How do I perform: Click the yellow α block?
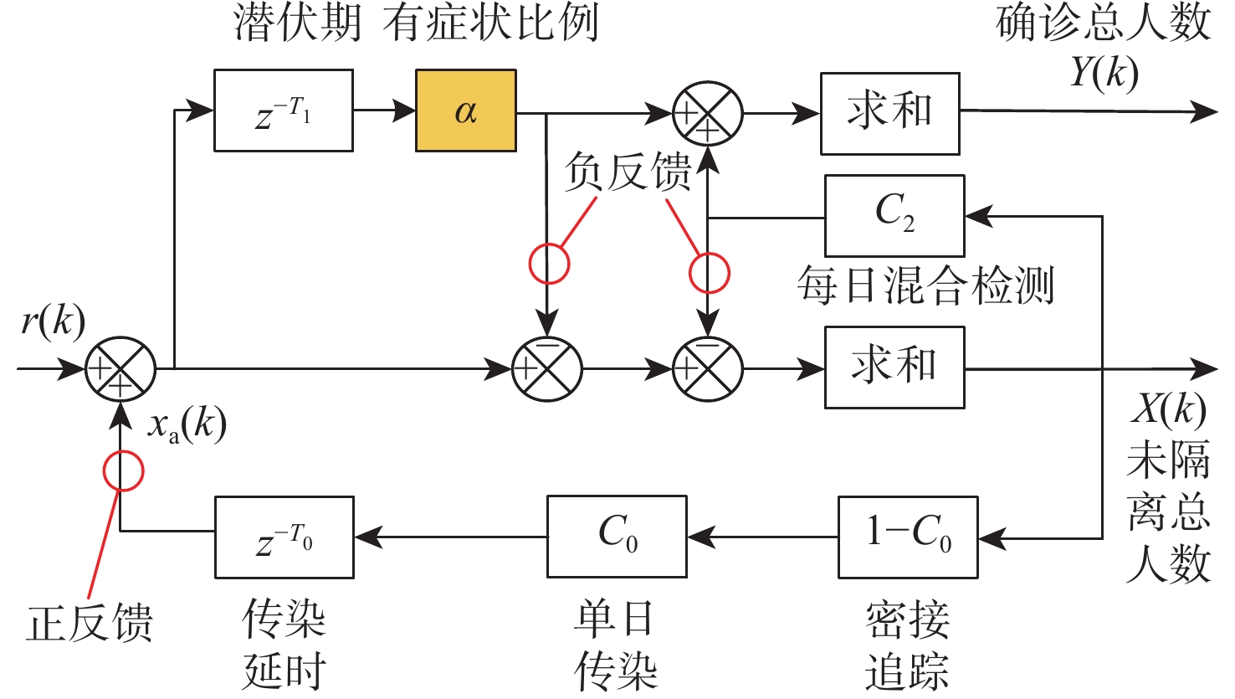point(466,111)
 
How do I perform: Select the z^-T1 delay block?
point(283,111)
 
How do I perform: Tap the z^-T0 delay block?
point(284,537)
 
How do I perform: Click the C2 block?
point(894,215)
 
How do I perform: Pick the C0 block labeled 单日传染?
point(617,537)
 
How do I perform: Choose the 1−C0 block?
point(908,537)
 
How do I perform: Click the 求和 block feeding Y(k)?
point(889,113)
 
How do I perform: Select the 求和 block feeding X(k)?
point(894,367)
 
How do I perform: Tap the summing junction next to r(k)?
point(120,368)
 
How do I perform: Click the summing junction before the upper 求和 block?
point(708,112)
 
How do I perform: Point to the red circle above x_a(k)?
point(123,470)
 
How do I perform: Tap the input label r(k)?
point(53,321)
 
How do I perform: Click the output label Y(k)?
point(1104,74)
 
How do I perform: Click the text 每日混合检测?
point(925,285)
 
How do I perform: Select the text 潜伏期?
point(298,23)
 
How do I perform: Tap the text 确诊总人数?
point(1104,23)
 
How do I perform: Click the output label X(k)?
point(1168,410)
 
